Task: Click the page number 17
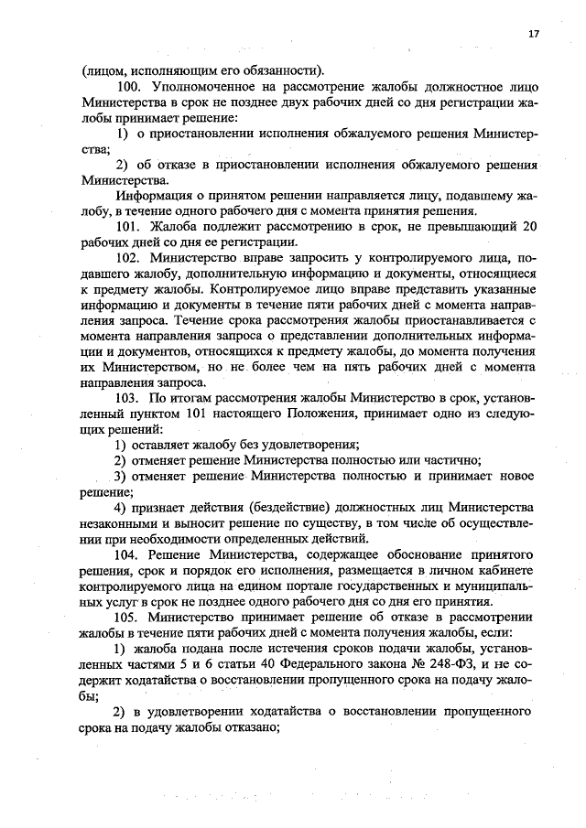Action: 533,34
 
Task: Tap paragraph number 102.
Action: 130,261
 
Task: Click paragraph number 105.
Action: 129,617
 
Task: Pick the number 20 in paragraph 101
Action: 529,226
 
